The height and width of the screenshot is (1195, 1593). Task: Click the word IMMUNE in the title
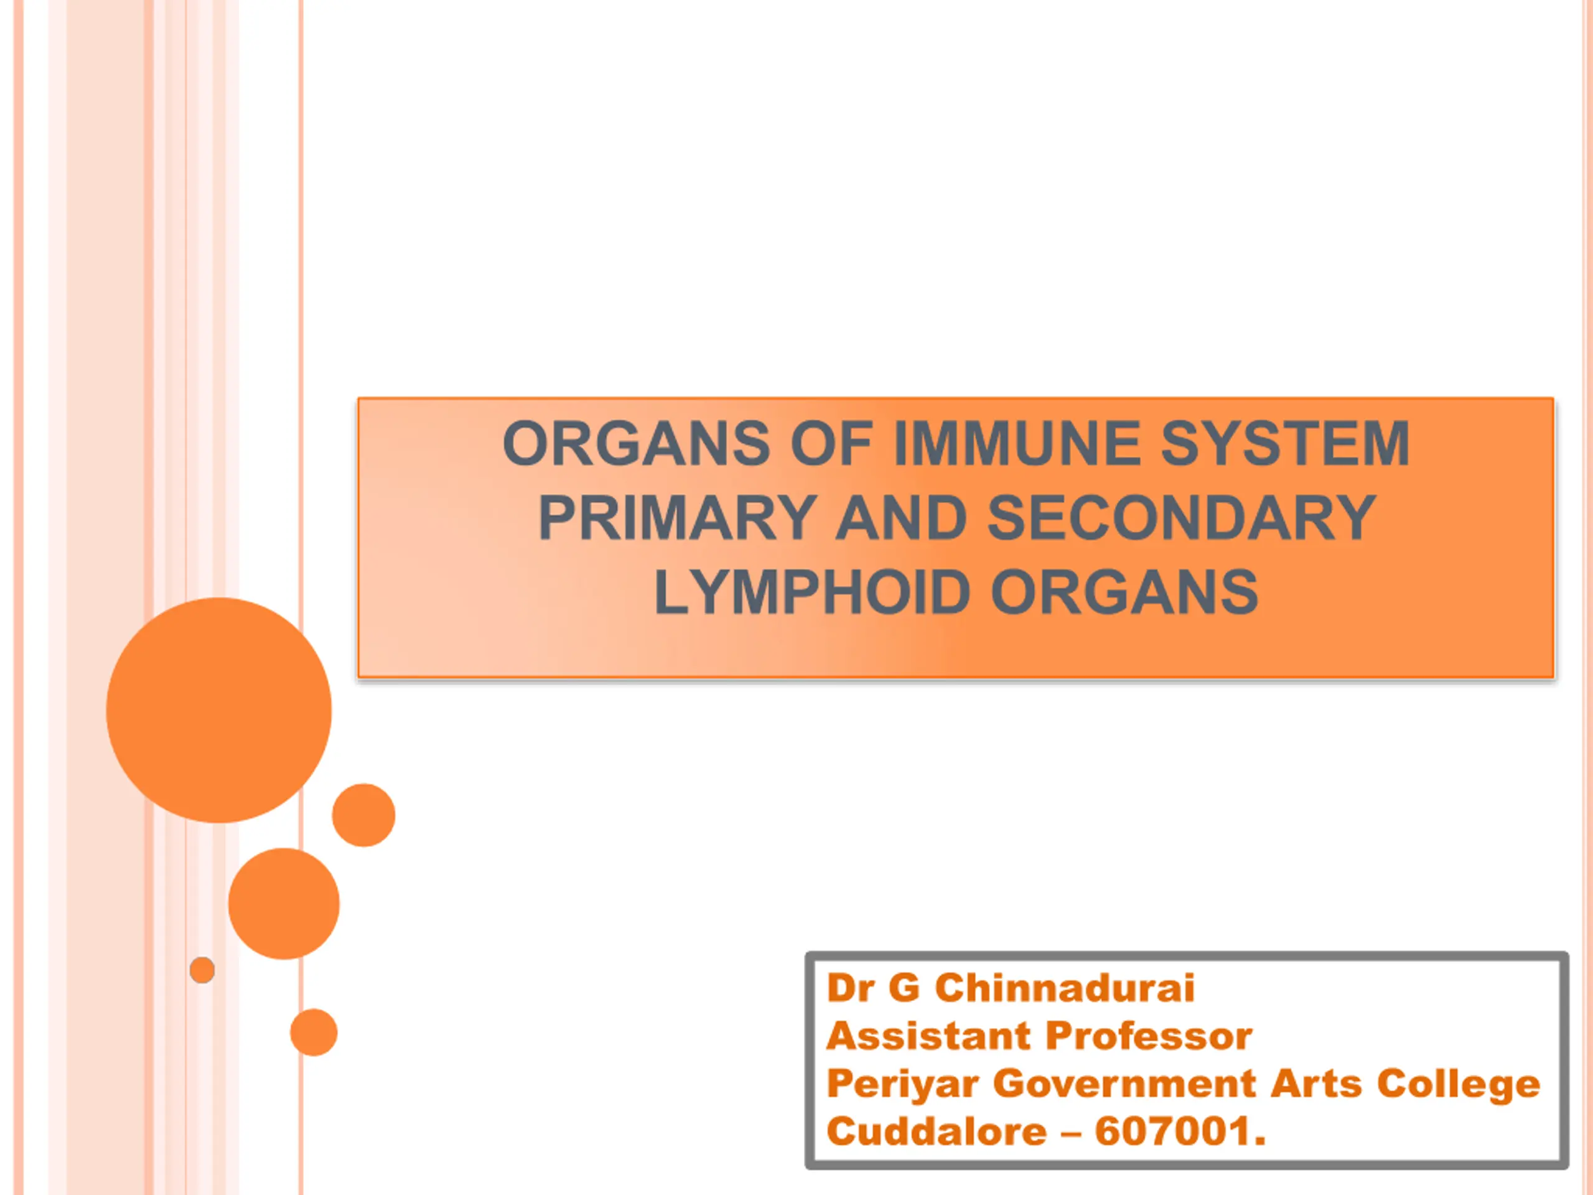click(x=1017, y=443)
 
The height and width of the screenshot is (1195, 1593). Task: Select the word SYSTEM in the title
click(x=1285, y=443)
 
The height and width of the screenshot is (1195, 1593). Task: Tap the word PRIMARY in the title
click(x=677, y=517)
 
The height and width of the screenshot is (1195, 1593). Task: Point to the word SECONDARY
click(x=1182, y=517)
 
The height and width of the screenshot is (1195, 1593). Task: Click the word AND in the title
click(x=901, y=517)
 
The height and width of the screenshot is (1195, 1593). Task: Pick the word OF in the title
click(x=832, y=443)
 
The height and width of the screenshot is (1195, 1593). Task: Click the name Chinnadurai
click(x=1065, y=987)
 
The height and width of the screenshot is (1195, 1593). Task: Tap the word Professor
click(x=1149, y=1036)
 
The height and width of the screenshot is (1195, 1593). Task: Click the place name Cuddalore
click(x=937, y=1131)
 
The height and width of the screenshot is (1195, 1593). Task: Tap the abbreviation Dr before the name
click(x=850, y=987)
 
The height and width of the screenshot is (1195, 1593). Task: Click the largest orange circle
click(x=219, y=710)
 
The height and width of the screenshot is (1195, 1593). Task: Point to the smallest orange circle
click(x=202, y=970)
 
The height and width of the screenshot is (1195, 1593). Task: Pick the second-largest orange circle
click(x=284, y=904)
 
